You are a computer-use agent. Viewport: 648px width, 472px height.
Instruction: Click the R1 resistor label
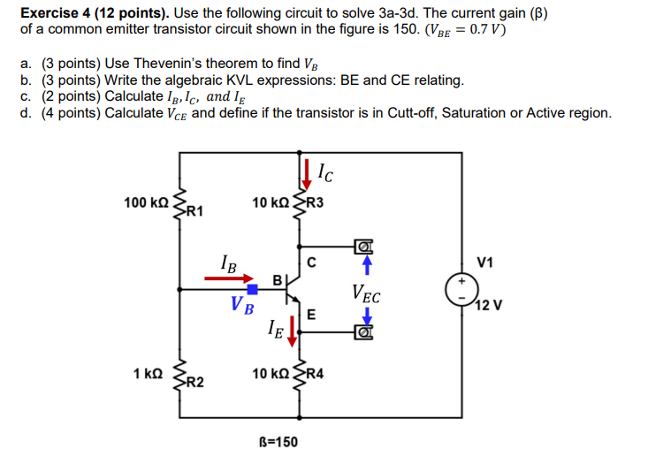[194, 211]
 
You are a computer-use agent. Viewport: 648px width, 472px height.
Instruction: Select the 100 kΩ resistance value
[146, 203]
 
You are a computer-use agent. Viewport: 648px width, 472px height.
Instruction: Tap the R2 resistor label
[194, 382]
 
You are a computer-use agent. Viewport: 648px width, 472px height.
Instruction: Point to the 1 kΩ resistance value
[147, 374]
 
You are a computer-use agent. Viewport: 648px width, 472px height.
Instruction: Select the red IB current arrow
[228, 278]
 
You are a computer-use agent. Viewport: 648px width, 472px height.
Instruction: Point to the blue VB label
[241, 307]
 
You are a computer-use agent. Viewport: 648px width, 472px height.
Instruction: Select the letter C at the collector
[311, 261]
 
